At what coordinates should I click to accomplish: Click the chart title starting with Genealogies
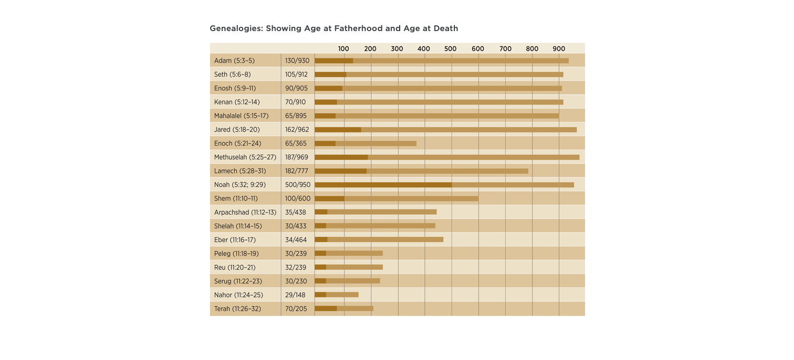[334, 28]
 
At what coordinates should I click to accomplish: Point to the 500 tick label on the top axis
[450, 49]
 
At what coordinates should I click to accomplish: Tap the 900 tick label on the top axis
[559, 49]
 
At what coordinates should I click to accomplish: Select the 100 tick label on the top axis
[343, 49]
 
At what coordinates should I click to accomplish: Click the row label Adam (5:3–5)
[234, 61]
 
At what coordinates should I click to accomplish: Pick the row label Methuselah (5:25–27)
[245, 157]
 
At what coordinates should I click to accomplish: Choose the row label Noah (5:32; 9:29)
[239, 185]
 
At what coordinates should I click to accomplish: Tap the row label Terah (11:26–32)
[237, 309]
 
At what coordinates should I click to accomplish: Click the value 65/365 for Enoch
[296, 144]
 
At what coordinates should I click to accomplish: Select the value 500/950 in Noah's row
[298, 185]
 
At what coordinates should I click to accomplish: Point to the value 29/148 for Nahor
[295, 295]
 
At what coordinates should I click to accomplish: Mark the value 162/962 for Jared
[297, 130]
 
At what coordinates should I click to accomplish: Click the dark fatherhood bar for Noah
[383, 185]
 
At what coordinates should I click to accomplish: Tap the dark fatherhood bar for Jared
[338, 130]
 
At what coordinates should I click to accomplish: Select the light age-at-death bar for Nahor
[342, 295]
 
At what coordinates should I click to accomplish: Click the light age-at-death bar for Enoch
[376, 144]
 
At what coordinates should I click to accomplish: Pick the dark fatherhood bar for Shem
[329, 198]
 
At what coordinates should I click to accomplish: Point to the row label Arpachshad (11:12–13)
[245, 212]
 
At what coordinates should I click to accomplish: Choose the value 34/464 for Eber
[296, 240]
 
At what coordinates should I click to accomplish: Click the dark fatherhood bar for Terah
[326, 309]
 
